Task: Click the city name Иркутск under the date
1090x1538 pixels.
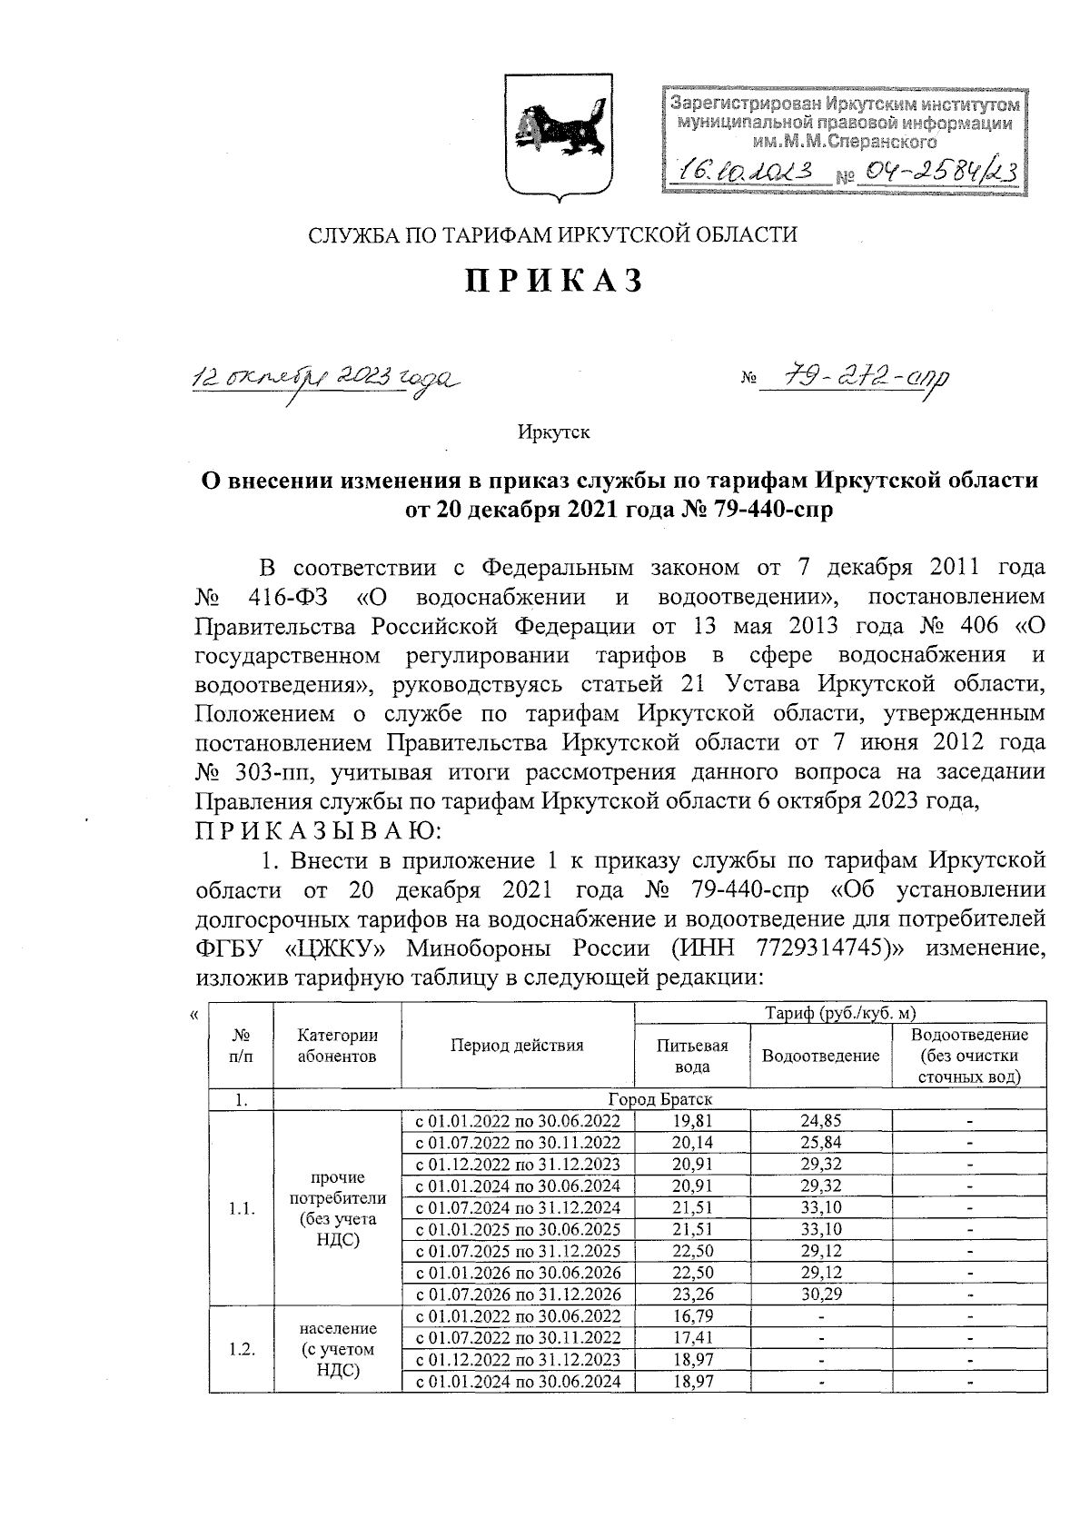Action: point(554,432)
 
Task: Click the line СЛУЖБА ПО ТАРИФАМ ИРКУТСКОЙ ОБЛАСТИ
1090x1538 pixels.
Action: point(553,235)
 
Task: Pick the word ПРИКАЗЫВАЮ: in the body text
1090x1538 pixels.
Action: point(319,831)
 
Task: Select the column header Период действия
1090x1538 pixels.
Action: point(518,1046)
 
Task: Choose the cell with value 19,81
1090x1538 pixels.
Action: point(692,1121)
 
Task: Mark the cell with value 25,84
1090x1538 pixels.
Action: point(820,1143)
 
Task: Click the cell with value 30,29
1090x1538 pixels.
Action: point(820,1295)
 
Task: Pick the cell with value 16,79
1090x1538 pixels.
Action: point(692,1316)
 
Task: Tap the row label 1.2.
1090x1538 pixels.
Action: point(241,1349)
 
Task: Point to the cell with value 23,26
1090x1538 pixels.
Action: point(692,1295)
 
